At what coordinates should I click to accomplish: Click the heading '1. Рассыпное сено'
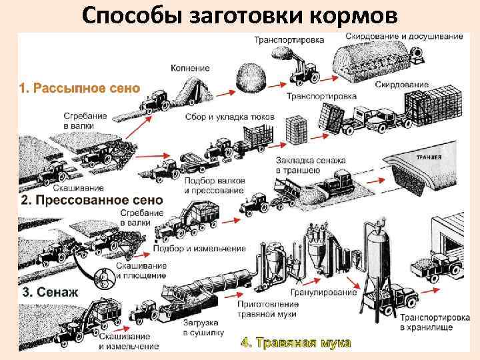click(79, 88)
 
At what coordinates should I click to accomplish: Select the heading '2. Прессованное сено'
click(91, 200)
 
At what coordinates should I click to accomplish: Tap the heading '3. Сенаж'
click(51, 292)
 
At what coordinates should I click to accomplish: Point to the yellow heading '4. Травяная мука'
click(295, 343)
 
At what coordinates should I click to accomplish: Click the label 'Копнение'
click(190, 68)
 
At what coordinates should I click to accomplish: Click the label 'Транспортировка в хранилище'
click(427, 323)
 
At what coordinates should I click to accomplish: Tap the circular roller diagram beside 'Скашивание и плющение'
click(105, 277)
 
